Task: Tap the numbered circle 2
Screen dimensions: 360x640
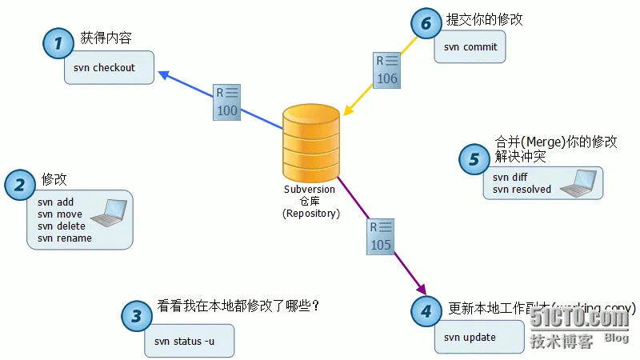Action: coord(20,184)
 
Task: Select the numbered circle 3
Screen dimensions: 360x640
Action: coord(137,315)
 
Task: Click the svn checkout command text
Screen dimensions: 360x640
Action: coord(104,68)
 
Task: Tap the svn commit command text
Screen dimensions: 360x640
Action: coord(470,47)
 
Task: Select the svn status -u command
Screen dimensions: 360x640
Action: coord(183,342)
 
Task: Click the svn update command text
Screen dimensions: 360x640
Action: coord(470,338)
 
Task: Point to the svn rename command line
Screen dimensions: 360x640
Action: coord(65,238)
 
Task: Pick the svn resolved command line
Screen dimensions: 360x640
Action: coord(522,190)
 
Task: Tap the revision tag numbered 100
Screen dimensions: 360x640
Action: coord(226,102)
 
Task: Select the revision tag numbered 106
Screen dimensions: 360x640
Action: coord(386,70)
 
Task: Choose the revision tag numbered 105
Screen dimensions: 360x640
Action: coord(381,237)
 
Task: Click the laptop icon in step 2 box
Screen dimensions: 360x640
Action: coord(108,212)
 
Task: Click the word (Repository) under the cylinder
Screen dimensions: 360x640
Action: coord(310,214)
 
